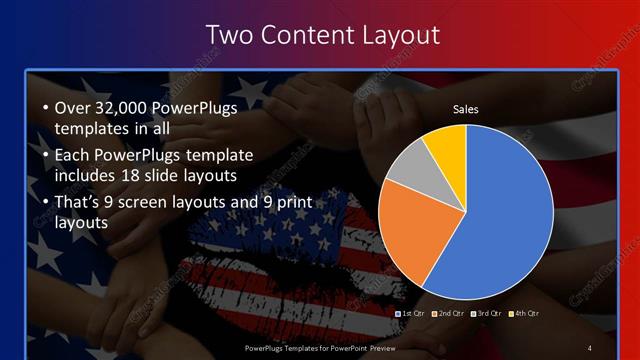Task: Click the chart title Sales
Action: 466,108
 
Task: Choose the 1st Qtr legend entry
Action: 412,313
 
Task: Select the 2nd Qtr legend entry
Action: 449,313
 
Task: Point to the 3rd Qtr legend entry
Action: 487,313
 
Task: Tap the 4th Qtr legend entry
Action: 525,313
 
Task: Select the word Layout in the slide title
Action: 392,35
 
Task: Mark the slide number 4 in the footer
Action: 590,347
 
